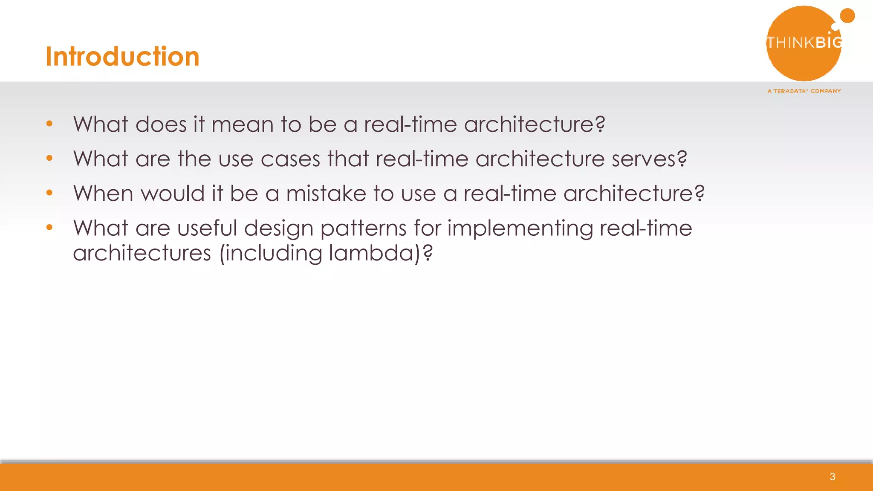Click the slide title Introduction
click(122, 56)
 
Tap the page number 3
click(832, 477)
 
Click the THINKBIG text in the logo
click(804, 42)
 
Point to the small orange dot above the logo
click(847, 16)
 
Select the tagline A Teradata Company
click(804, 91)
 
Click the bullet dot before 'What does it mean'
click(49, 124)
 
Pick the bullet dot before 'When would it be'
click(49, 193)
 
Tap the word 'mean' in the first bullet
click(242, 124)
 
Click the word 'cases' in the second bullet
click(290, 159)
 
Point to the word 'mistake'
click(326, 194)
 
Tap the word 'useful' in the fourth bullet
click(207, 228)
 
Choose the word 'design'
click(278, 229)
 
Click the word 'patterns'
click(363, 229)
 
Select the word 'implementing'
click(520, 229)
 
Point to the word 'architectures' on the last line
click(142, 253)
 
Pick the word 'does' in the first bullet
click(161, 124)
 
